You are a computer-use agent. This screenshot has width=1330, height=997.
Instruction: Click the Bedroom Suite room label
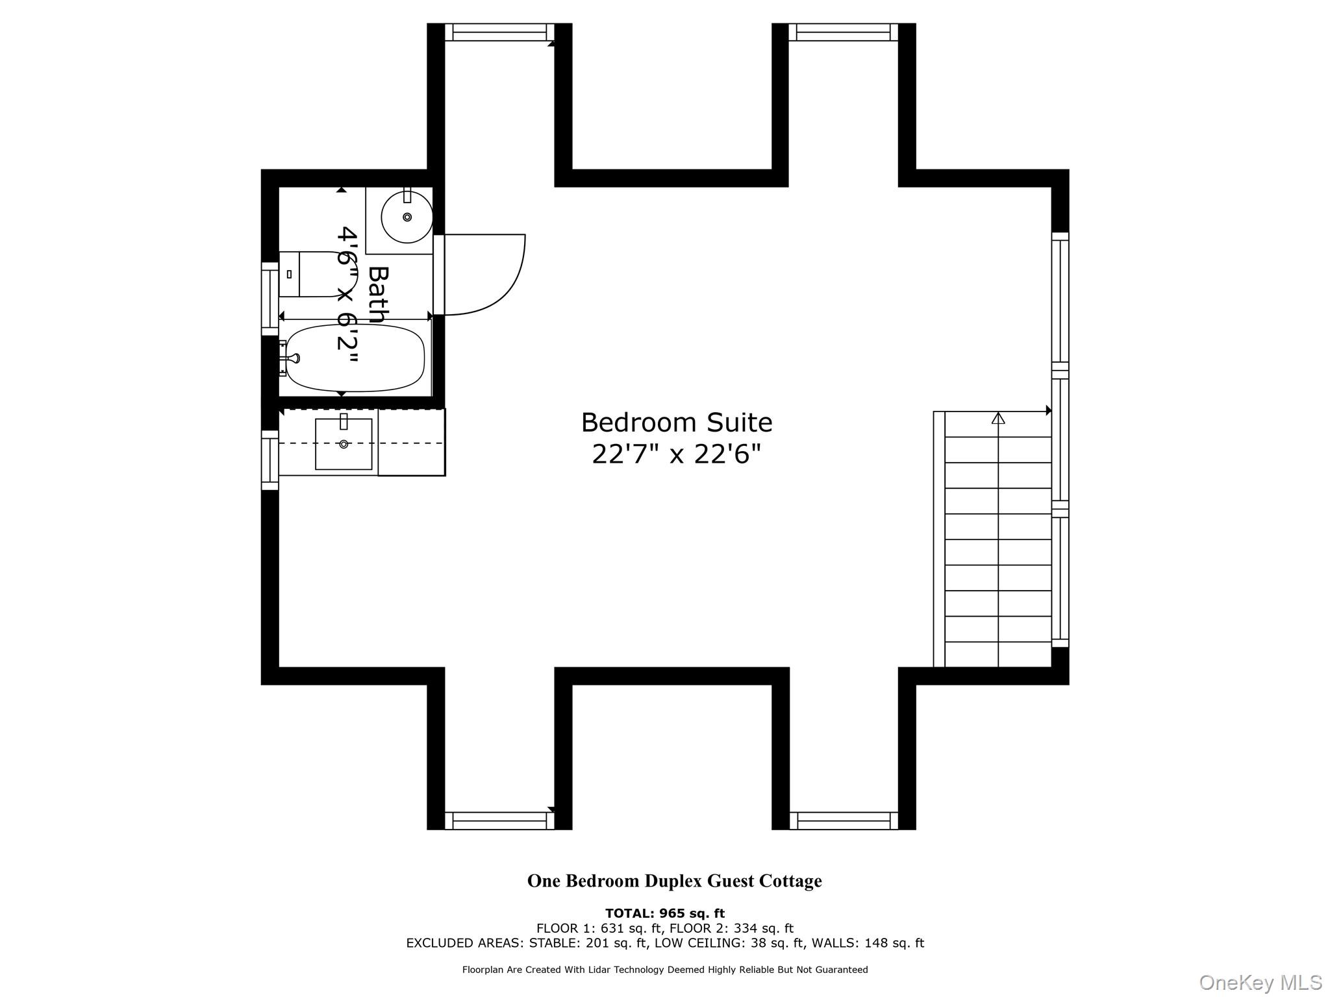tap(676, 423)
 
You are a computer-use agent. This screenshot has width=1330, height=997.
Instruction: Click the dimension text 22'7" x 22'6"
tap(676, 454)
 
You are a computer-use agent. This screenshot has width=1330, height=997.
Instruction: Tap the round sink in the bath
tap(407, 217)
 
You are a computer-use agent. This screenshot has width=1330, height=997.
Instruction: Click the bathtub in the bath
tap(355, 358)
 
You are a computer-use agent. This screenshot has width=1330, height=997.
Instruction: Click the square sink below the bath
tap(344, 444)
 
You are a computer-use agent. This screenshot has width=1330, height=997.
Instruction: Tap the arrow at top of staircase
tap(998, 419)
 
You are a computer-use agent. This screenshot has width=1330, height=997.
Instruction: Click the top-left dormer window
tap(499, 32)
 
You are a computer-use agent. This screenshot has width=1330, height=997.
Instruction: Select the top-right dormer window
tap(843, 32)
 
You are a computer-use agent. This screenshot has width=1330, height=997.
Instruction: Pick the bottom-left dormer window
tap(499, 820)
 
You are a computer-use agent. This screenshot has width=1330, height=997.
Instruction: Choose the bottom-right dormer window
tap(843, 820)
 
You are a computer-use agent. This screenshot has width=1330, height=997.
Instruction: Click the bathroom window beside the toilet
tap(270, 299)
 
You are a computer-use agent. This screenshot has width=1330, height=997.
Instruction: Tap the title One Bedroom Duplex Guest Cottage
tap(674, 881)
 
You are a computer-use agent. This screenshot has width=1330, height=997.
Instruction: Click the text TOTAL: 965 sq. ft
tap(664, 913)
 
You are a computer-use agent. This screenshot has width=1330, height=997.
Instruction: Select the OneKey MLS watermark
tap(1260, 982)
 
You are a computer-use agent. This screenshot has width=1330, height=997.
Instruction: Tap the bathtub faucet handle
tap(295, 358)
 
